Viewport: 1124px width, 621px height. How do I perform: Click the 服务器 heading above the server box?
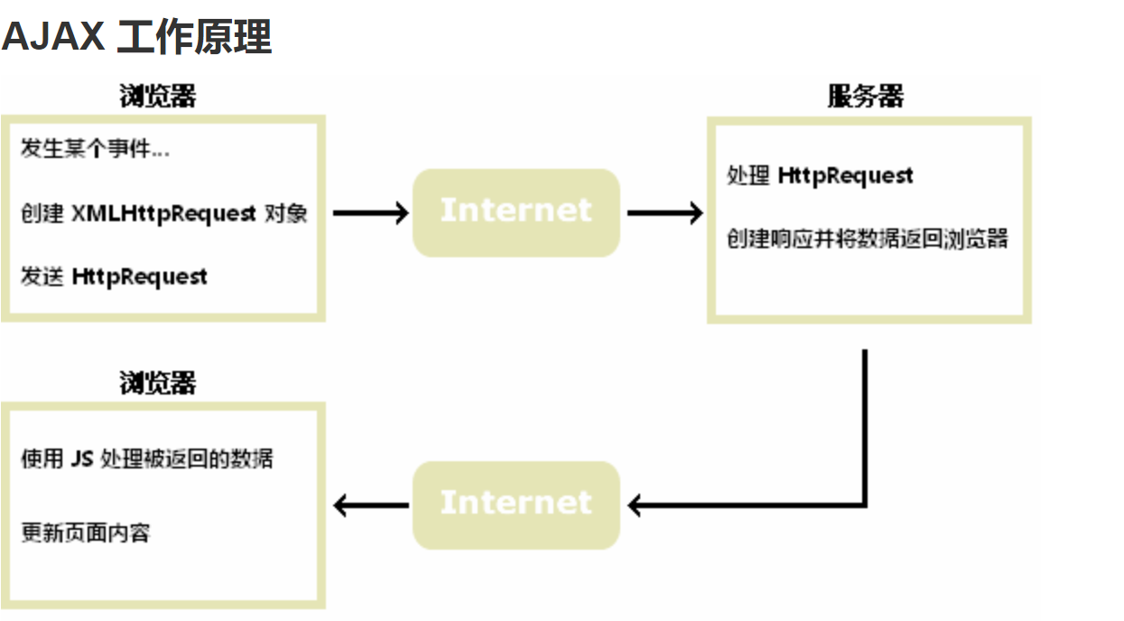865,97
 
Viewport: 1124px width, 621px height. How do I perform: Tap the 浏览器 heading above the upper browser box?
157,97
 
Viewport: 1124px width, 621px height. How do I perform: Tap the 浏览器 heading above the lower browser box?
157,384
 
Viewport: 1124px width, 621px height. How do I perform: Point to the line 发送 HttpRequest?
114,276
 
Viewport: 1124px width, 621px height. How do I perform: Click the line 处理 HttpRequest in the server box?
820,175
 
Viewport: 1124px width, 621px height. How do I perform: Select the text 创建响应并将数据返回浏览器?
867,239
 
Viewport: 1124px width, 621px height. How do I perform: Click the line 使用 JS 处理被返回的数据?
146,459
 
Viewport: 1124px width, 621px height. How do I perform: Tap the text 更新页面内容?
85,533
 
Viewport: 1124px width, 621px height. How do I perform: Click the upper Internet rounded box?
516,212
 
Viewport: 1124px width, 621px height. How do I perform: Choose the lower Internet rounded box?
516,505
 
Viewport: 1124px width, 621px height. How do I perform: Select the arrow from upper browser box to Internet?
370,213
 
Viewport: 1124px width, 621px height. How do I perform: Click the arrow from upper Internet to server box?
664,213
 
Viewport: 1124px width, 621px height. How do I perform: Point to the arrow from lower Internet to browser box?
371,505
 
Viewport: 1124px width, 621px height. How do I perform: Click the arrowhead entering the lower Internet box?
636,505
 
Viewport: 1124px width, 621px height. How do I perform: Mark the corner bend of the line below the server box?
865,504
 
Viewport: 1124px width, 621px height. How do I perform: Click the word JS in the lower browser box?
80,459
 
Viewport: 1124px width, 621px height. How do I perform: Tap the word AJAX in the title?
53,38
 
